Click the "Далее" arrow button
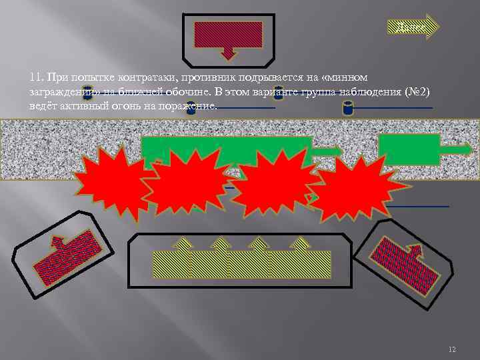pos(413,27)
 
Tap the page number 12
pos(453,350)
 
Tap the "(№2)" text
pos(418,92)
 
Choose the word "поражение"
pos(187,105)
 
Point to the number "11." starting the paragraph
pos(36,79)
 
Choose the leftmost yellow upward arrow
pos(182,253)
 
